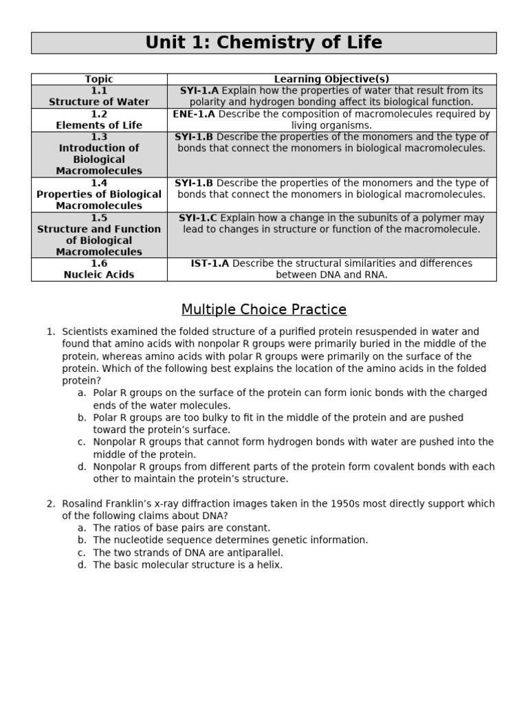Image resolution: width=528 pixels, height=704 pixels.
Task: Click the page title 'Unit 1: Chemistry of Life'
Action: tap(263, 43)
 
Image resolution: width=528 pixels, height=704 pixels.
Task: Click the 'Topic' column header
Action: tap(99, 79)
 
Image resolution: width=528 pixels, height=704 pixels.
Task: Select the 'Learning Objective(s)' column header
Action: tap(331, 79)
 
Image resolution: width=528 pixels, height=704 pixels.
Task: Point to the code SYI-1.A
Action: tap(199, 91)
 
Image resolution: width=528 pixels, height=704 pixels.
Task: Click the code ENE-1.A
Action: tap(194, 114)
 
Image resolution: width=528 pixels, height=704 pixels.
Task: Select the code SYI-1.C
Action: tap(197, 218)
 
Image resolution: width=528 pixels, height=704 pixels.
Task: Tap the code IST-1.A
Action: tap(210, 263)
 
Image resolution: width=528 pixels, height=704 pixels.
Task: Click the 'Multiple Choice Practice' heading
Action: tap(263, 309)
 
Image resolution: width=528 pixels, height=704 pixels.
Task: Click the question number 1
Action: tap(50, 331)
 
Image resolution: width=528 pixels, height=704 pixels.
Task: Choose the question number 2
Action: tap(50, 503)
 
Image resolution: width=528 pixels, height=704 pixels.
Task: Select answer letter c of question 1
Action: tap(81, 442)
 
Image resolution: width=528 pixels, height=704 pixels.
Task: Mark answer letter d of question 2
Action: tap(81, 565)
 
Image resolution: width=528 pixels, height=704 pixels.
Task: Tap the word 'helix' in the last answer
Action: tap(268, 565)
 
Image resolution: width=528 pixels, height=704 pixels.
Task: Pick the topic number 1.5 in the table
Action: tap(99, 217)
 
